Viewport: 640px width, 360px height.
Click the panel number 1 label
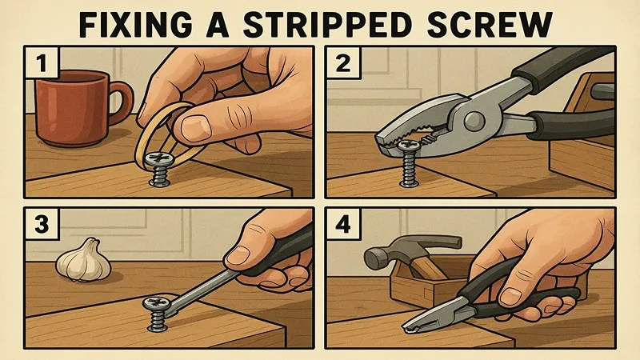coord(42,62)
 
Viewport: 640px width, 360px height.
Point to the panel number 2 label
coord(343,62)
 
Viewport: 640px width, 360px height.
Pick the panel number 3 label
coord(42,224)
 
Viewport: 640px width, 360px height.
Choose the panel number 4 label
coord(343,224)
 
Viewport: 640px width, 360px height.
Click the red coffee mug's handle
coord(122,102)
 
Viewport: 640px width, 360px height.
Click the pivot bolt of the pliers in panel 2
coord(473,118)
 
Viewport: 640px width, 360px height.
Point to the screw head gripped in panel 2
coord(408,145)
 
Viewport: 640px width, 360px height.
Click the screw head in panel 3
coord(156,303)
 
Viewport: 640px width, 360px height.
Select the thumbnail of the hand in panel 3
coord(237,255)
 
